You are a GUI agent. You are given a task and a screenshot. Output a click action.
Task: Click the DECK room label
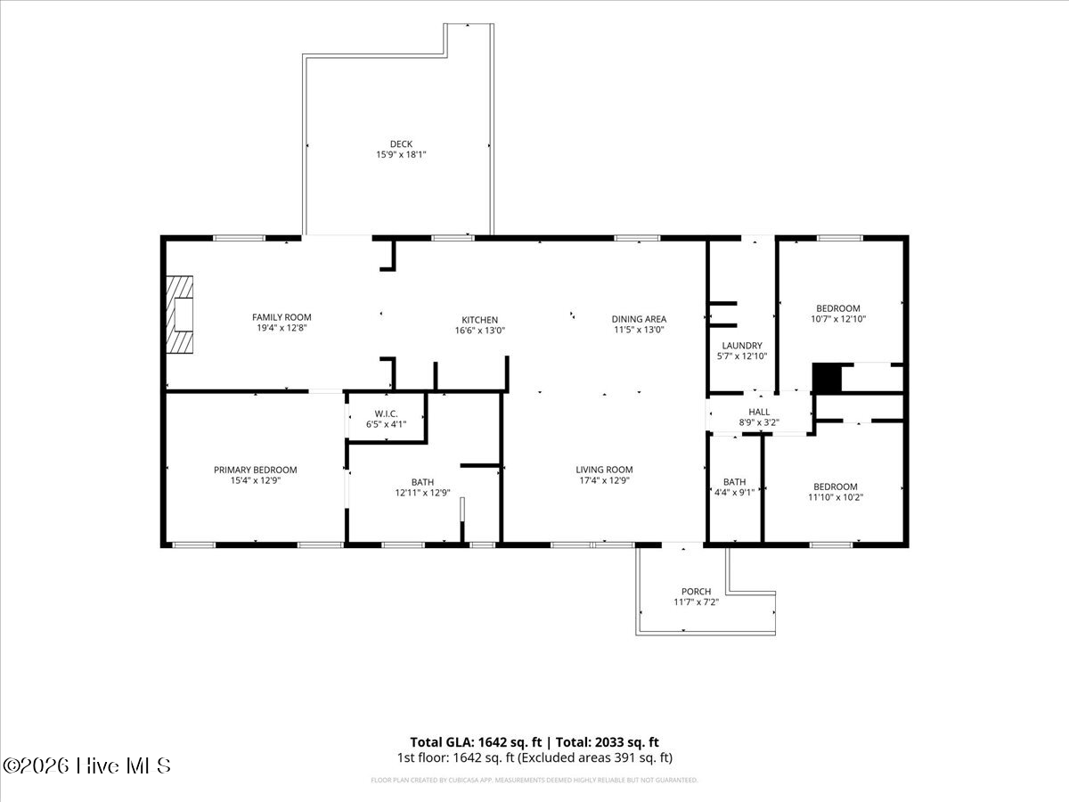pos(401,144)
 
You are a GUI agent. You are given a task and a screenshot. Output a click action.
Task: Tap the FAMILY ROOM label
pos(282,317)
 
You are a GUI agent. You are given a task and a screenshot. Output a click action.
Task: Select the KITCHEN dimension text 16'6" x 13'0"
pos(479,331)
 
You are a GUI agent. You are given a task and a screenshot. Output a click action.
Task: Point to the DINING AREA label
pos(639,319)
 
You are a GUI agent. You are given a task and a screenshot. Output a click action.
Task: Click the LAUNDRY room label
pos(742,346)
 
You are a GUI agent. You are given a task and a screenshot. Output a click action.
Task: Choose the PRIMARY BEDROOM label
pos(255,470)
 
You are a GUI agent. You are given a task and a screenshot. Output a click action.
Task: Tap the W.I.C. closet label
pos(387,413)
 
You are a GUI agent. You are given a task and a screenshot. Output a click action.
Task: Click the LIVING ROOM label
pos(604,470)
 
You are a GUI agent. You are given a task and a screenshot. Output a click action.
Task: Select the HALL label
pos(759,413)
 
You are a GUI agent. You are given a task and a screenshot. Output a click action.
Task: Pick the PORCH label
pos(696,592)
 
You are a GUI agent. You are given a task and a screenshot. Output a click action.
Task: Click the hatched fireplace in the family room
pos(180,315)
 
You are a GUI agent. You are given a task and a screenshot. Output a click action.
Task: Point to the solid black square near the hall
pos(827,379)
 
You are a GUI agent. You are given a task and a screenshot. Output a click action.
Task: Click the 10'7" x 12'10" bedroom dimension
pos(838,319)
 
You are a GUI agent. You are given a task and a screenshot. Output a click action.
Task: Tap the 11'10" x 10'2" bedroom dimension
pos(836,497)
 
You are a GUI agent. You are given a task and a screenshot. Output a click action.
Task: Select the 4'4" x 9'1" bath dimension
pos(734,493)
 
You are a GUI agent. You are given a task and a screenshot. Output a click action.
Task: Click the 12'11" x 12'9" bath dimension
pos(422,493)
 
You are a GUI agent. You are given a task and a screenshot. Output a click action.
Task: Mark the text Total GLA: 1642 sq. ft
pos(476,742)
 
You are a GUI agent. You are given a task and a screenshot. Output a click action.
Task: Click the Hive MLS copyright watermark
pos(86,766)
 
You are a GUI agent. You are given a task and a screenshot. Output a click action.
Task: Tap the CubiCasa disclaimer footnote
pos(534,780)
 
